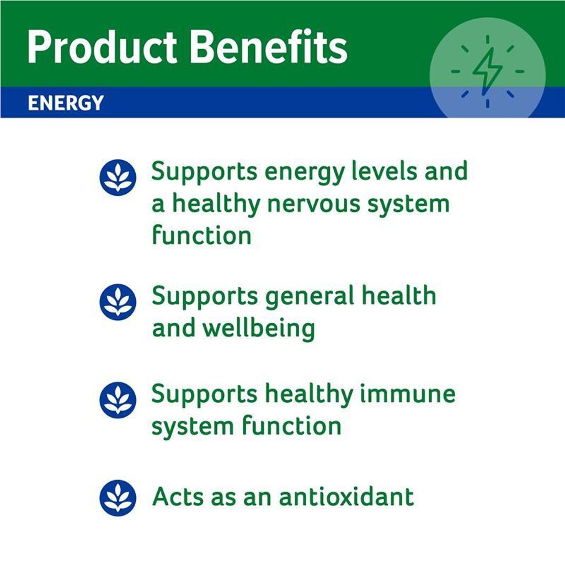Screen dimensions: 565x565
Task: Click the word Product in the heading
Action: pyautogui.click(x=102, y=47)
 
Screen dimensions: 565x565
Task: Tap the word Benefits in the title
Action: pyautogui.click(x=269, y=47)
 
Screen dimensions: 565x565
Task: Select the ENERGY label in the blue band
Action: pyautogui.click(x=66, y=103)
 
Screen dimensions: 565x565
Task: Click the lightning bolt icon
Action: pyautogui.click(x=488, y=71)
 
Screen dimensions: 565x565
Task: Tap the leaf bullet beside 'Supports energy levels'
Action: pyautogui.click(x=118, y=177)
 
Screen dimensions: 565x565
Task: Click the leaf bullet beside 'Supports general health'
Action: pyautogui.click(x=118, y=302)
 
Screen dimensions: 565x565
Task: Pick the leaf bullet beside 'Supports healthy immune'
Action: pyautogui.click(x=118, y=400)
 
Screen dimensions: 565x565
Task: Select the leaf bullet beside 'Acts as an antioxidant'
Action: pyautogui.click(x=118, y=498)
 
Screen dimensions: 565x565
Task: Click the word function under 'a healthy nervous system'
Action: pyautogui.click(x=201, y=234)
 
